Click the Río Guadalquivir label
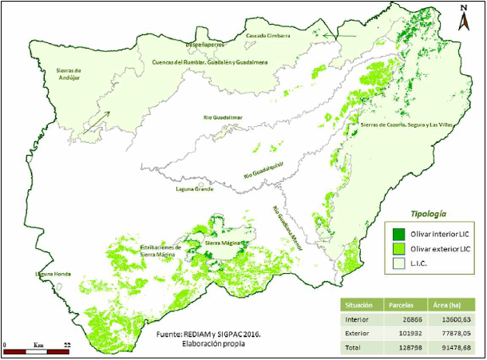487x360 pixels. (263, 170)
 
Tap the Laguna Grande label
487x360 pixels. (194, 190)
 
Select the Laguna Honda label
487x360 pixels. (53, 274)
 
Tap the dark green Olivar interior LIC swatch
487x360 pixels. (398, 234)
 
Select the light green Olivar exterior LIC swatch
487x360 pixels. (398, 250)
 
